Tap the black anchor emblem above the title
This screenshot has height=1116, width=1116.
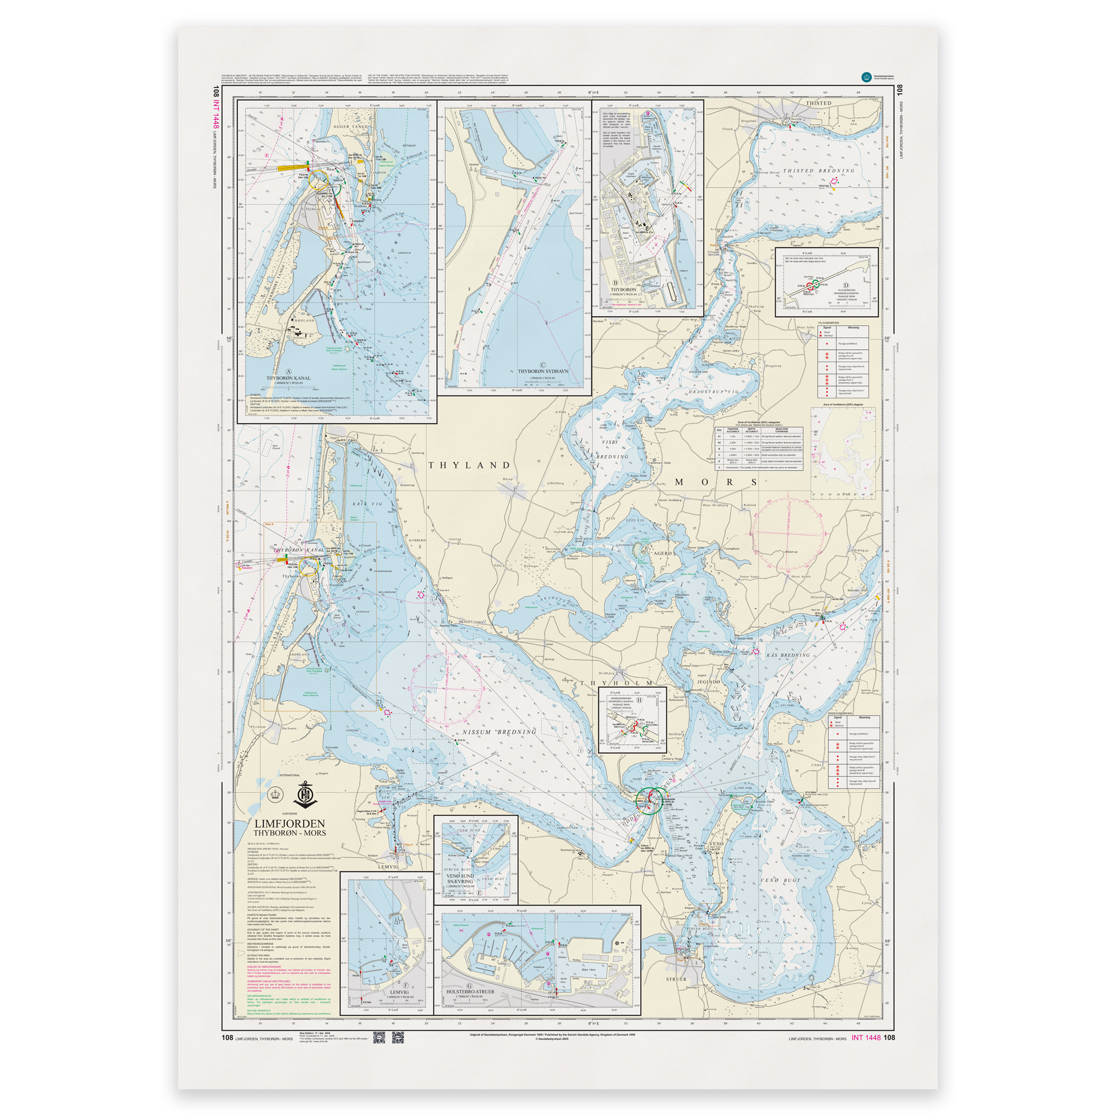[x=304, y=796]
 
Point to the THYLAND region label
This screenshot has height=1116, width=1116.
[x=470, y=465]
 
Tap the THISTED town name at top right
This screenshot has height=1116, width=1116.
[x=818, y=104]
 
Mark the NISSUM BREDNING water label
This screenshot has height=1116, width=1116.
[x=500, y=732]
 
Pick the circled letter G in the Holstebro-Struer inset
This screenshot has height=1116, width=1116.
[x=469, y=986]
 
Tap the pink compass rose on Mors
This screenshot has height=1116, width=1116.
[x=787, y=532]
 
